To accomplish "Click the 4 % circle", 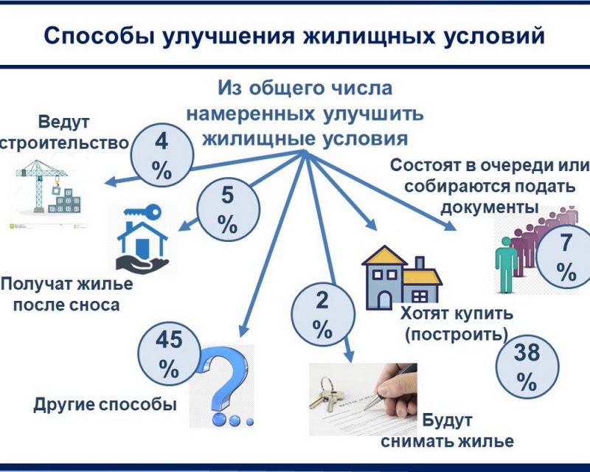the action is pyautogui.click(x=162, y=156).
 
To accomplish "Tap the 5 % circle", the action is pyautogui.click(x=229, y=209).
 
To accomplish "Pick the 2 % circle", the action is pyautogui.click(x=323, y=314).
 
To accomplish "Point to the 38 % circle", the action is pyautogui.click(x=527, y=367).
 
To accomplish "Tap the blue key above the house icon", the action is pyautogui.click(x=142, y=212).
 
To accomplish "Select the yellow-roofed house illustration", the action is pyautogui.click(x=401, y=278).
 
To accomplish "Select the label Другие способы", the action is pyautogui.click(x=105, y=405).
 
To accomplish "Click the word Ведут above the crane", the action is pyautogui.click(x=63, y=122).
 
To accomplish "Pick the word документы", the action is pyautogui.click(x=490, y=207).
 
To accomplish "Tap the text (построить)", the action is pyautogui.click(x=457, y=334).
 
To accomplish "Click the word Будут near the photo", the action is pyautogui.click(x=447, y=420).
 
